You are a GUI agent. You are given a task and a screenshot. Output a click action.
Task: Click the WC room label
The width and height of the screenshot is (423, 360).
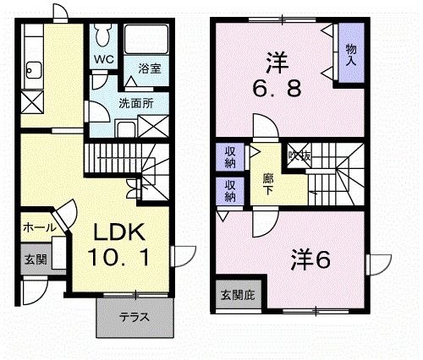103,59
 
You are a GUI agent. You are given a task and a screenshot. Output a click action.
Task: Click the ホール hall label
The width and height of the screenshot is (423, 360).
39,228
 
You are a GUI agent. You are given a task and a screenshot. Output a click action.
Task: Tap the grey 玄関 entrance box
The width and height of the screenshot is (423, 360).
34,259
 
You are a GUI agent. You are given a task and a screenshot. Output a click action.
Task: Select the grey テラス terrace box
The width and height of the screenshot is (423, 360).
135,319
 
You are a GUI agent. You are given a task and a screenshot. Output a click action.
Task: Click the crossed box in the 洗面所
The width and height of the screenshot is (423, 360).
154,127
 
